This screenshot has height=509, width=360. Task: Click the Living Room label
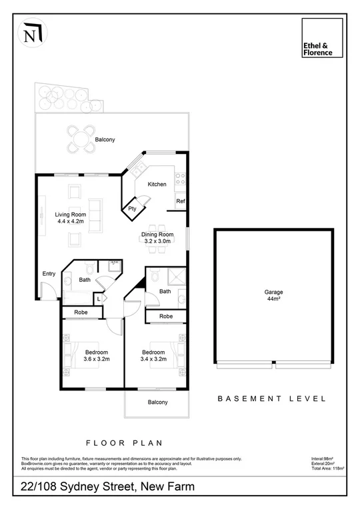click(69, 218)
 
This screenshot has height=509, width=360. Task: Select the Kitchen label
click(157, 185)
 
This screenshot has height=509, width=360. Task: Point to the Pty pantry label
click(132, 209)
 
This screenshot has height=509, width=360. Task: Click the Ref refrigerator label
click(180, 201)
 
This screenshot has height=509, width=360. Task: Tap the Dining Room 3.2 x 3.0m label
click(159, 238)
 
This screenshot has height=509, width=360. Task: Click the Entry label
click(49, 274)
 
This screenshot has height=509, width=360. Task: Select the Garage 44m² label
click(273, 296)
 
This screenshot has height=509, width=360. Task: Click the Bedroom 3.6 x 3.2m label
click(95, 355)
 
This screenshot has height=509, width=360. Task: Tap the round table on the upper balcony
click(81, 139)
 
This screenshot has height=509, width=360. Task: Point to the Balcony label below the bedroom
click(157, 402)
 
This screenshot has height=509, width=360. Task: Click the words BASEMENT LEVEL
click(272, 399)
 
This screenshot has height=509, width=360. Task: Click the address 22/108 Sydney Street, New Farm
click(108, 487)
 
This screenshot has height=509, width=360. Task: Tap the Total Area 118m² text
click(327, 469)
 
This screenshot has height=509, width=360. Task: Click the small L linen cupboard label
click(98, 298)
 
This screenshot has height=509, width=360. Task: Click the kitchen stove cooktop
click(179, 177)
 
